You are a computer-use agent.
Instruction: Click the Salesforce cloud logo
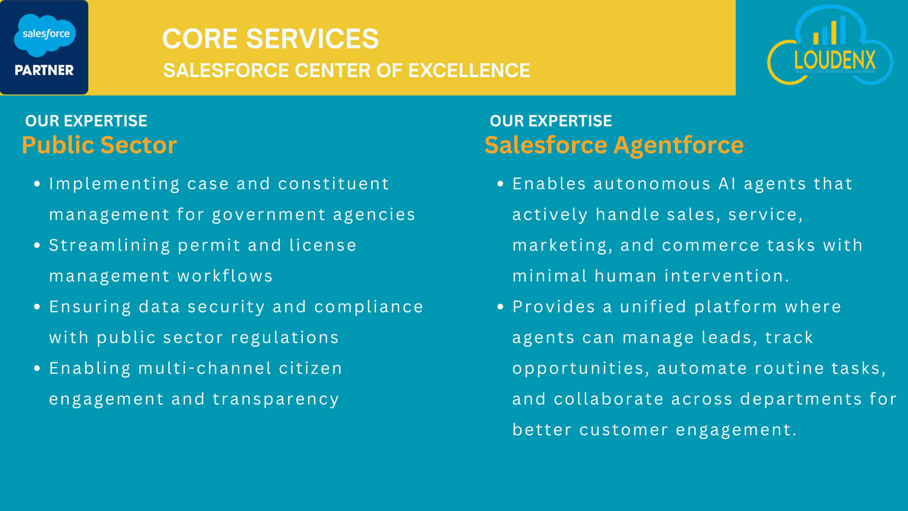(45, 35)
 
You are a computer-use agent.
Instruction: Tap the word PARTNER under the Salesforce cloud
(44, 70)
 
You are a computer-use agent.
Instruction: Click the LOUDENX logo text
(835, 60)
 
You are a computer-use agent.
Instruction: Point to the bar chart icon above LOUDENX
(829, 30)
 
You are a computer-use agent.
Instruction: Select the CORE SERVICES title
(271, 38)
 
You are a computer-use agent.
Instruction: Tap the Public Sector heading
(99, 145)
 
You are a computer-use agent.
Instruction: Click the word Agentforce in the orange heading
(679, 145)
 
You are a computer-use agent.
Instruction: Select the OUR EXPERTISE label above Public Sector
(86, 121)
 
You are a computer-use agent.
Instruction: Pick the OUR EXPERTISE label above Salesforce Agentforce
(551, 121)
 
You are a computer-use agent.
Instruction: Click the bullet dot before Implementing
(37, 184)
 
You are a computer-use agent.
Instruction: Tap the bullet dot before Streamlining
(37, 246)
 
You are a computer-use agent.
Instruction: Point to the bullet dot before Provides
(501, 307)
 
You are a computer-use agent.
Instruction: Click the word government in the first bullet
(269, 215)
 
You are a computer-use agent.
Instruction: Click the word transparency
(276, 400)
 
